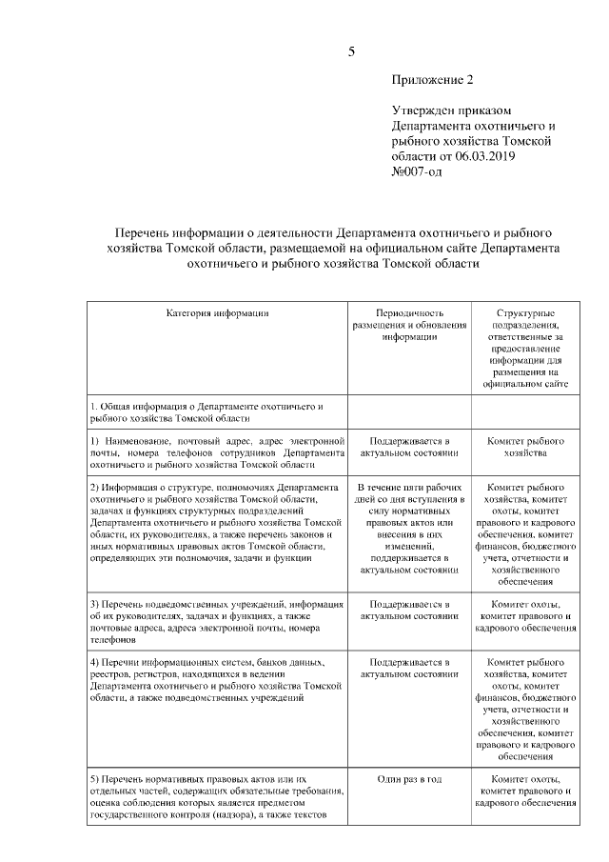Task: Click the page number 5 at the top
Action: [x=351, y=51]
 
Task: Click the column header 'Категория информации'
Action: [x=218, y=312]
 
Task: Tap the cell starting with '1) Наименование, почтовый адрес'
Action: [x=217, y=453]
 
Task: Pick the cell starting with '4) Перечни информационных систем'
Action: [x=217, y=679]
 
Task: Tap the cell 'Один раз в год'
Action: [x=409, y=779]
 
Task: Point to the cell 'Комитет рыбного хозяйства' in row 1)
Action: [x=525, y=448]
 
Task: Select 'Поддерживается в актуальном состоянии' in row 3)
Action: [x=409, y=611]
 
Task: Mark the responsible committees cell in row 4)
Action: [x=525, y=709]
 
